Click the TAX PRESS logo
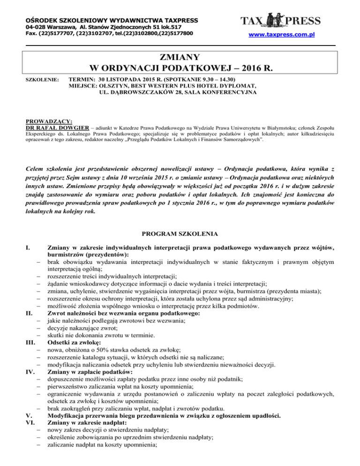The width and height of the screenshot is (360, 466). pyautogui.click(x=280, y=21)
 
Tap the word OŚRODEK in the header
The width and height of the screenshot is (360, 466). pyautogui.click(x=43, y=21)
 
